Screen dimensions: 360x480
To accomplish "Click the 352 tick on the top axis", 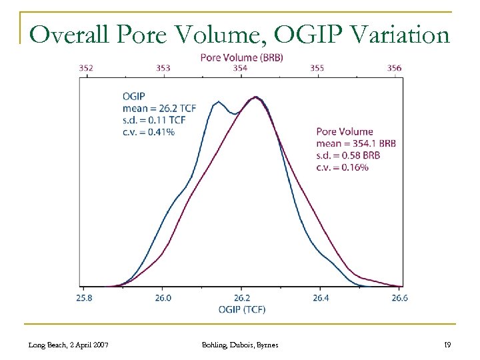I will (x=86, y=67).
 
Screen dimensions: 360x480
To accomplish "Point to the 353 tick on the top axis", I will (x=163, y=67).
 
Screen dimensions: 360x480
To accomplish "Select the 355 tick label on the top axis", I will (x=317, y=67).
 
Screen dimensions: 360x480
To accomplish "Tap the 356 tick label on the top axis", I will (x=394, y=67).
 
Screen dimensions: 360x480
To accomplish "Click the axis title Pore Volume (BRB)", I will (x=241, y=57).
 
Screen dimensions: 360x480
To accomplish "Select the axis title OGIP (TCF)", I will (x=241, y=309).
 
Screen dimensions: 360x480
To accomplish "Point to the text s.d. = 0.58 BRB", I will (x=348, y=154).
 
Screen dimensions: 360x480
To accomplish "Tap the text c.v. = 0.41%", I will (x=148, y=132).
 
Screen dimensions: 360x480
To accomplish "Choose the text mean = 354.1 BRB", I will (x=356, y=143).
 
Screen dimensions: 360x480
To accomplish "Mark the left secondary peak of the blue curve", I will (x=218, y=102).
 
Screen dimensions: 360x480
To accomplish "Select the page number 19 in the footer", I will (x=447, y=344).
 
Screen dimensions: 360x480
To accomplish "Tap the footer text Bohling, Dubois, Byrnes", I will (x=240, y=344).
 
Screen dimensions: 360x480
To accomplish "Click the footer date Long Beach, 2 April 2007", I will (x=69, y=344).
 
